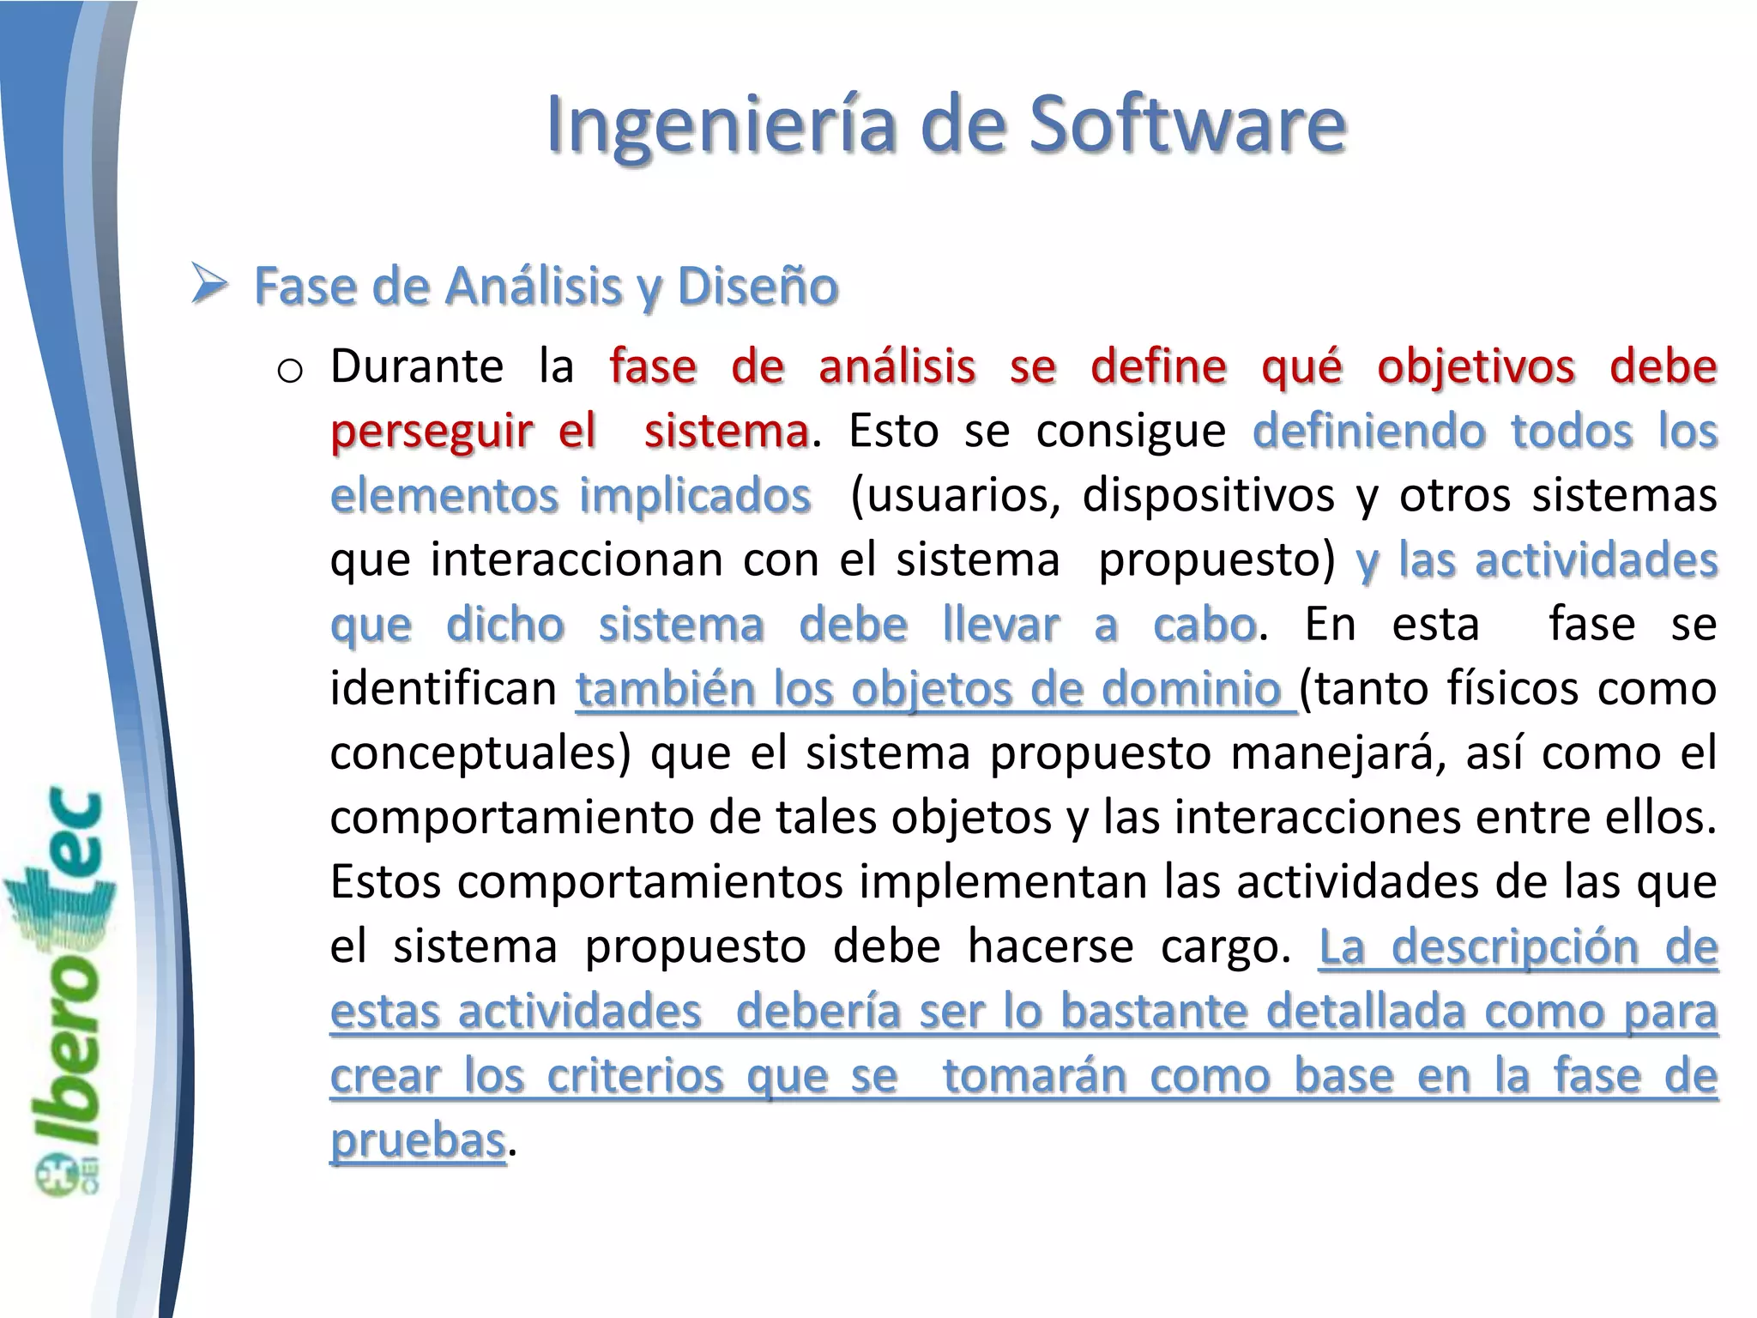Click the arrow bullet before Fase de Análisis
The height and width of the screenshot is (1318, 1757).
tap(208, 284)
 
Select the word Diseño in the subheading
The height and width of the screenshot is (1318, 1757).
tap(758, 286)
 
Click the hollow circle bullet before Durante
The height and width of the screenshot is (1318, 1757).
tap(290, 371)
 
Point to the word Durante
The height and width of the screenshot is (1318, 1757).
tap(417, 366)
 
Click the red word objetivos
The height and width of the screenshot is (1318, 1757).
tap(1476, 366)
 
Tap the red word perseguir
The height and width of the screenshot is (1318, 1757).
tap(432, 431)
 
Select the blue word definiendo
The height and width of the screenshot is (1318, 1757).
tap(1368, 431)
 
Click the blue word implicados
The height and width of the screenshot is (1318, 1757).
tap(695, 495)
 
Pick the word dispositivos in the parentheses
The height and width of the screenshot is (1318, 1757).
tap(1208, 495)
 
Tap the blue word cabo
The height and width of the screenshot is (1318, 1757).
tap(1204, 624)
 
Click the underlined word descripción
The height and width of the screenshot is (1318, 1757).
tap(1515, 946)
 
